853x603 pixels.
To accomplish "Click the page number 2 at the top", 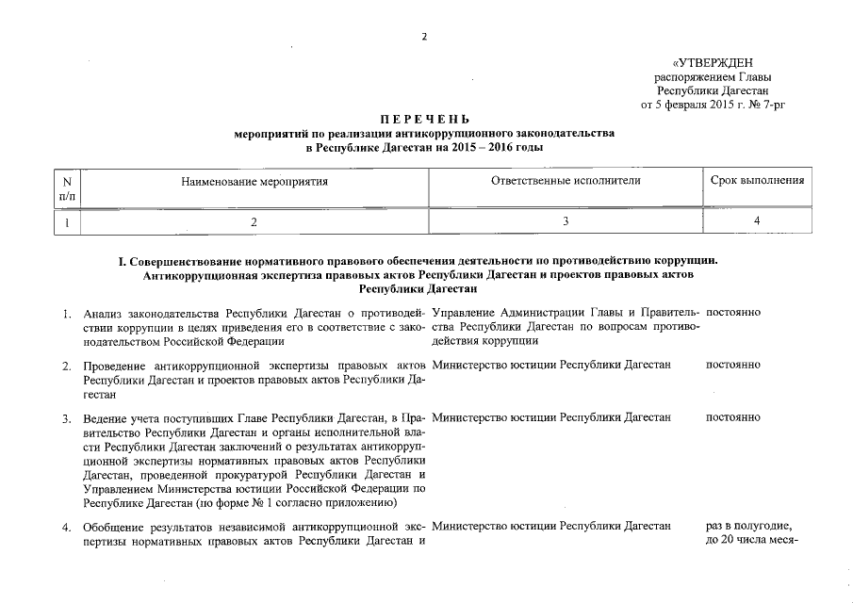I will point(424,38).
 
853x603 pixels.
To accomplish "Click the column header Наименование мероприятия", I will point(254,180).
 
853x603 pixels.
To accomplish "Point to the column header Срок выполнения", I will point(757,180).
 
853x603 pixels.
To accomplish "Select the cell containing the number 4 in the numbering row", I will point(757,222).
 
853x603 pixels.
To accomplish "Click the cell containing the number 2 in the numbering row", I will point(254,222).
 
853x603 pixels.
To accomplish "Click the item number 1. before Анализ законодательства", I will point(67,313).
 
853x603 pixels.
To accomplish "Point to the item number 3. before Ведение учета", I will point(67,416).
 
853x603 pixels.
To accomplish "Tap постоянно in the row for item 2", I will point(733,364).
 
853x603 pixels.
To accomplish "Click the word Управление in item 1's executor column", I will point(471,312).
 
